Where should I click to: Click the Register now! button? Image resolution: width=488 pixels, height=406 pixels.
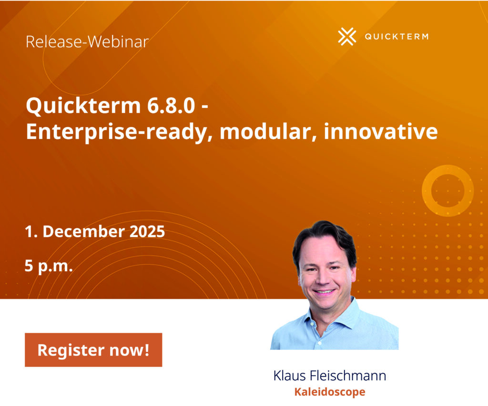pos(93,350)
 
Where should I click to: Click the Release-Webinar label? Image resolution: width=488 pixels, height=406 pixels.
pos(87,41)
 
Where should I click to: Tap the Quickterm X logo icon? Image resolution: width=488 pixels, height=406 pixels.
pos(347,37)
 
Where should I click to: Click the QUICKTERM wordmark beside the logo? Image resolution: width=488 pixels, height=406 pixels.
pos(396,37)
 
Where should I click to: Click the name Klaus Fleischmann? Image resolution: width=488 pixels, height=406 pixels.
pos(329,376)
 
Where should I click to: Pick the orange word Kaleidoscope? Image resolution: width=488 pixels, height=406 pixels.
pos(329,392)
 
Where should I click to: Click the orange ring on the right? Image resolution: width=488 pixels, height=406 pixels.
pos(447,190)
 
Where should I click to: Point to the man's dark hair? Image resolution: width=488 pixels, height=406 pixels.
pos(325,233)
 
